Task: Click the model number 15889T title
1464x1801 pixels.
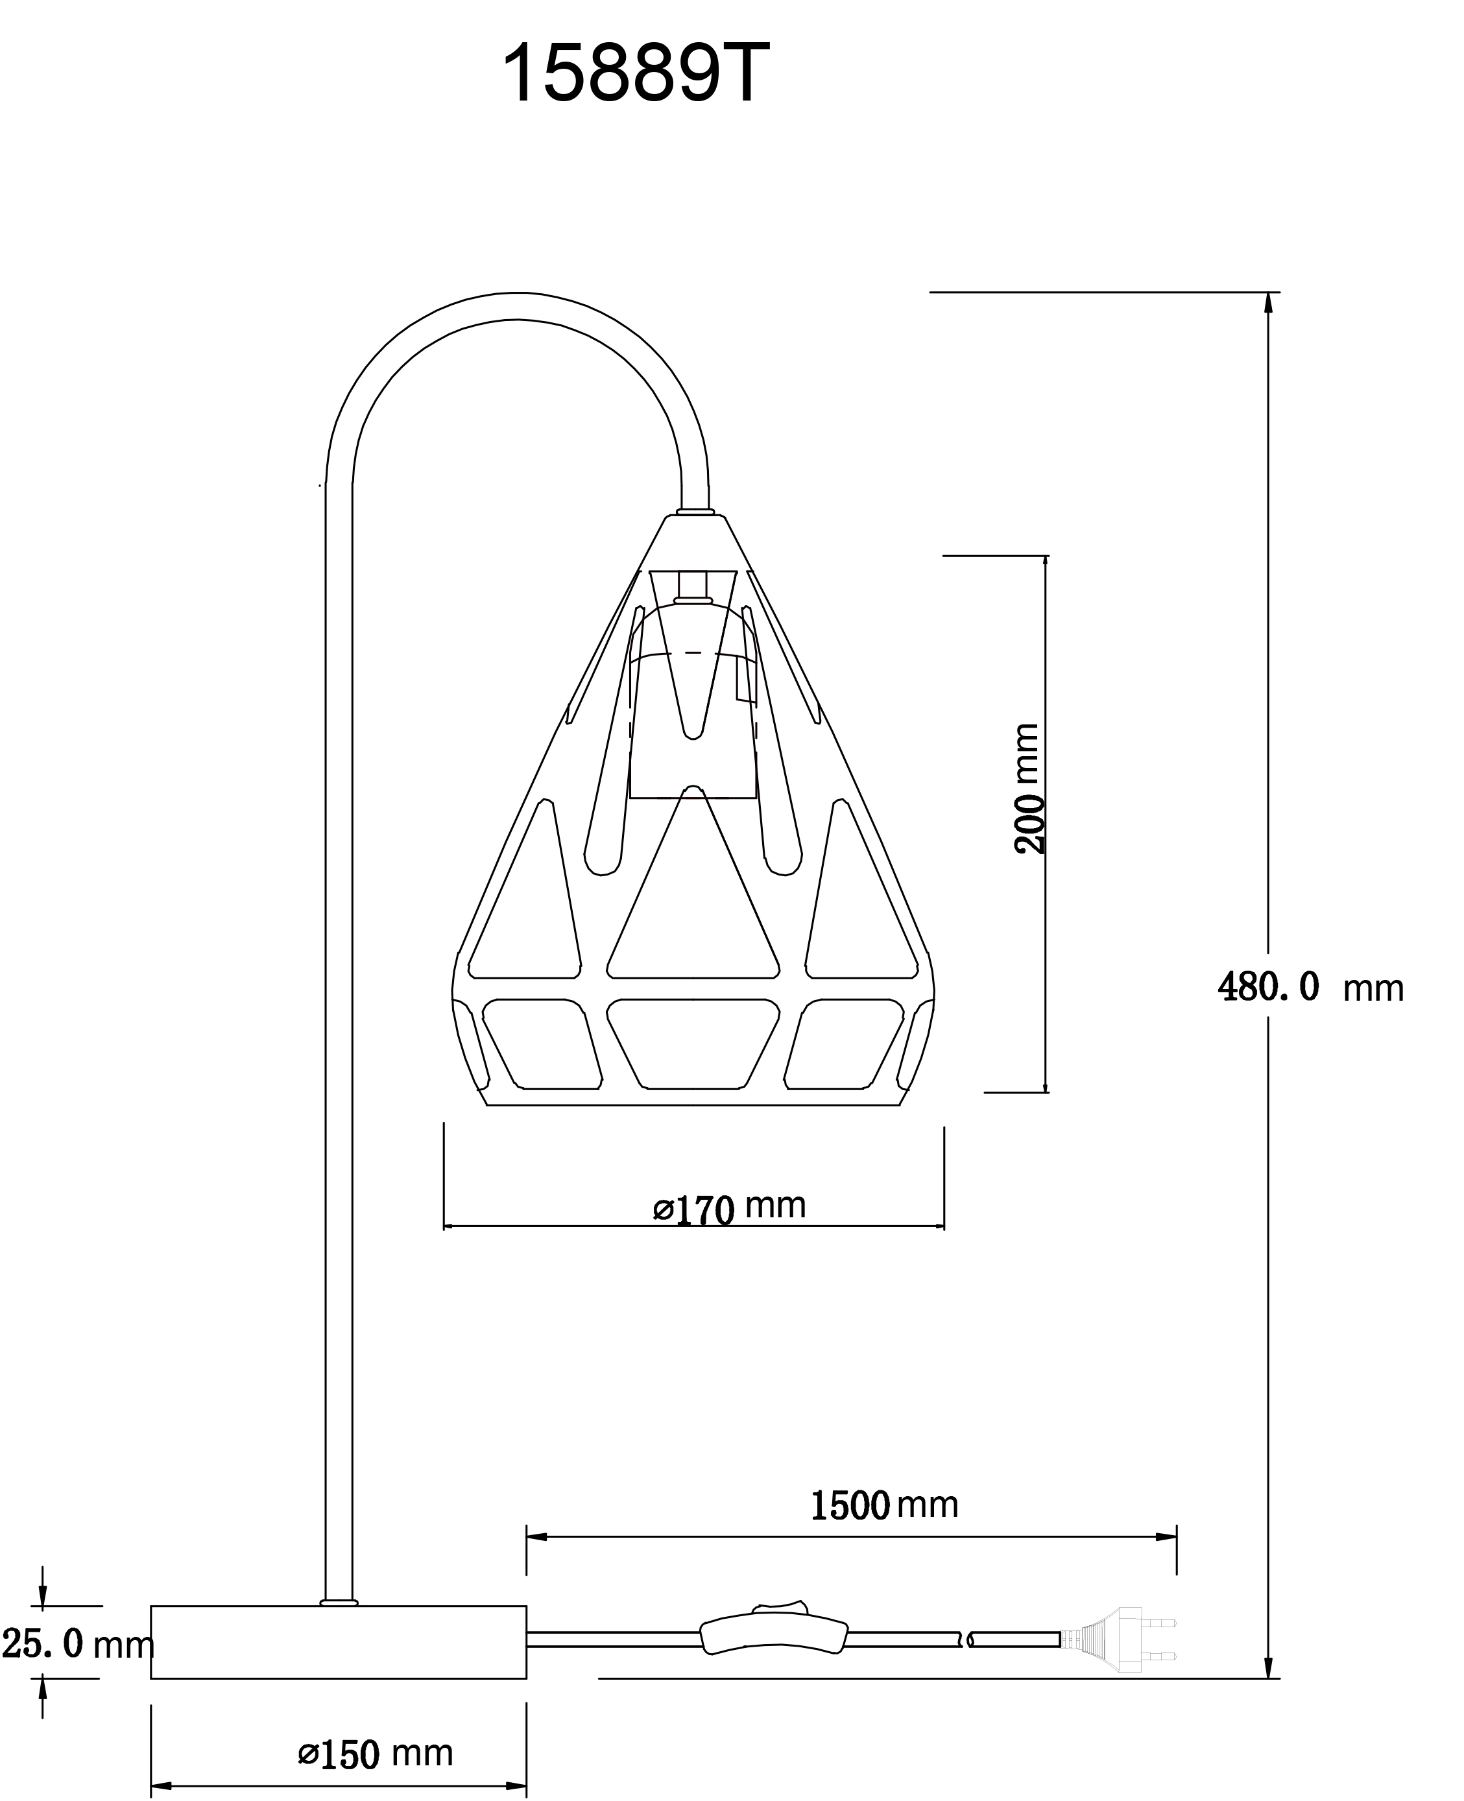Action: click(636, 74)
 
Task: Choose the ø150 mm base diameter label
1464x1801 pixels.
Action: click(376, 1725)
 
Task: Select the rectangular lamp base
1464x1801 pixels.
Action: click(338, 1641)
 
